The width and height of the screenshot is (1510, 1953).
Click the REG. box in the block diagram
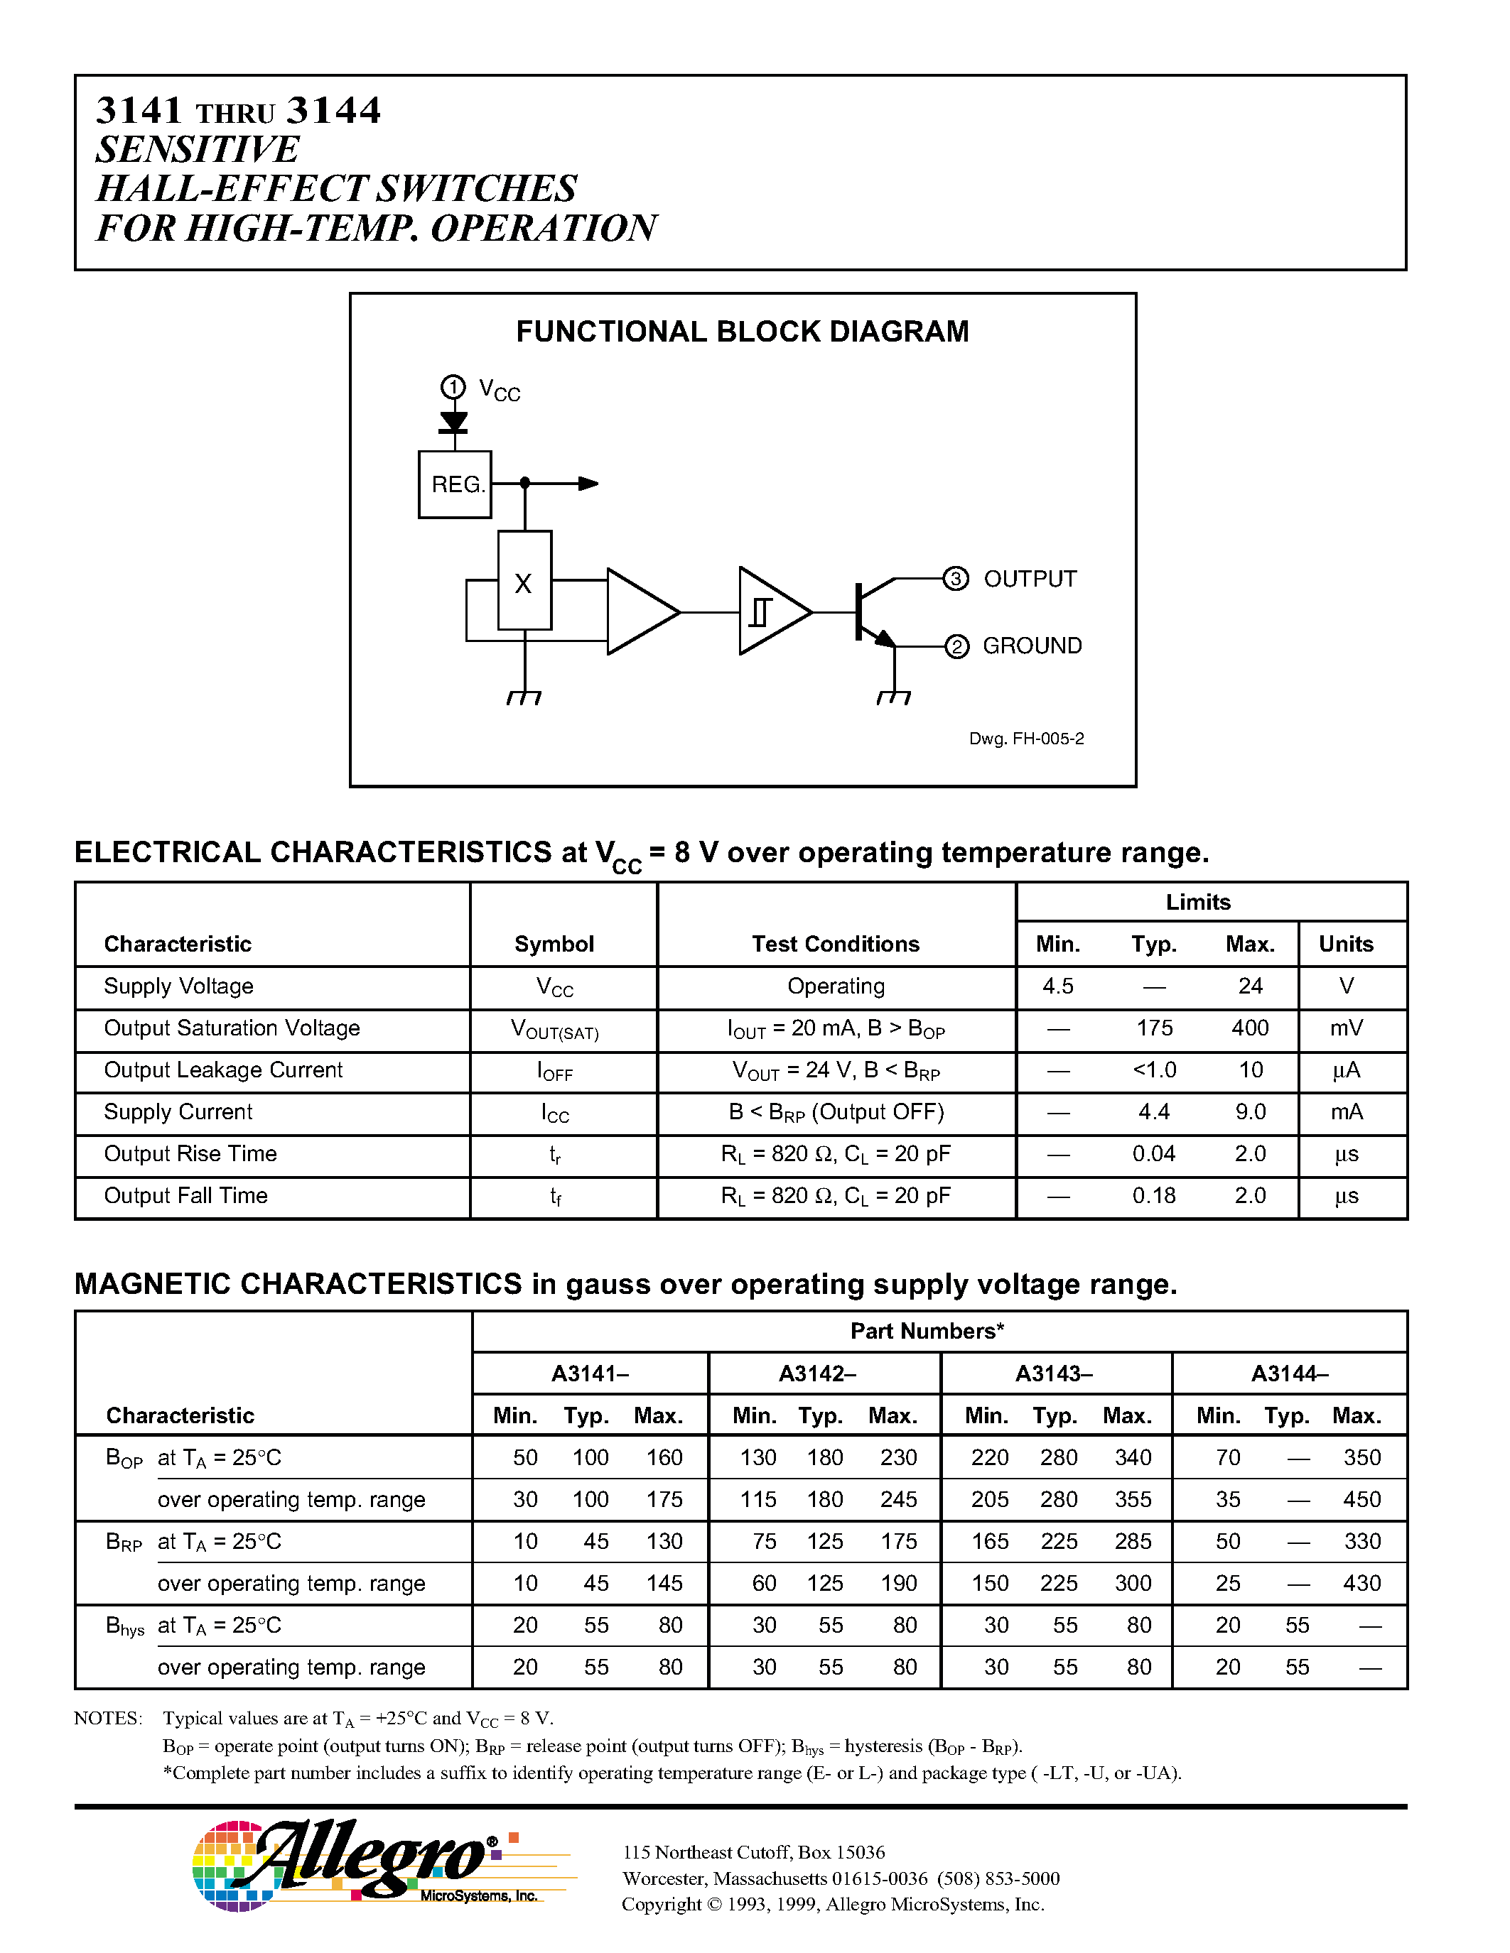[x=455, y=484]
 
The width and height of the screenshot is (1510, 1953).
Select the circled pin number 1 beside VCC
[x=453, y=387]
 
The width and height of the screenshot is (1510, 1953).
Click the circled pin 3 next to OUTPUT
[x=955, y=579]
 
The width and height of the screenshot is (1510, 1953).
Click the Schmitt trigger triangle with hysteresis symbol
[x=770, y=611]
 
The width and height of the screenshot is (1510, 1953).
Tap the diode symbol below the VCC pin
[x=453, y=421]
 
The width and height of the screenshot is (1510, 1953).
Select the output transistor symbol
[x=872, y=613]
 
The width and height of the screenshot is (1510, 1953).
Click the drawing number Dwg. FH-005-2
[x=1026, y=739]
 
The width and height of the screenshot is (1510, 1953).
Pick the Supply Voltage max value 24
[x=1250, y=986]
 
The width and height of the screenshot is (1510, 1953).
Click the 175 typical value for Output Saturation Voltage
[x=1154, y=1028]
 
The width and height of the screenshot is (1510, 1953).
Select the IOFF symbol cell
[x=555, y=1071]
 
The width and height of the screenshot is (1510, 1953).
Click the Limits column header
[x=1198, y=902]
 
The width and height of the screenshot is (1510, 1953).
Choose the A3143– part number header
[x=1054, y=1373]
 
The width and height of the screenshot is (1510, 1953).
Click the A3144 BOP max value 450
[x=1361, y=1500]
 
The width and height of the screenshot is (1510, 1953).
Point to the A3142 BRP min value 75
[x=764, y=1542]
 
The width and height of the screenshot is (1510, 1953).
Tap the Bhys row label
[x=124, y=1626]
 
